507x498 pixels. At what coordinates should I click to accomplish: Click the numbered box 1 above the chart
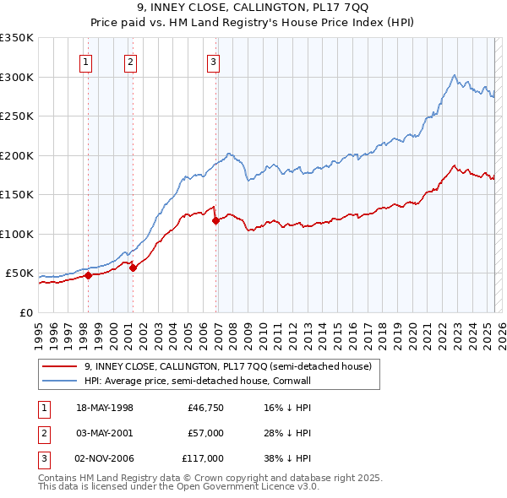click(86, 61)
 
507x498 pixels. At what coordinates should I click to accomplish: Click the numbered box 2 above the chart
click(130, 61)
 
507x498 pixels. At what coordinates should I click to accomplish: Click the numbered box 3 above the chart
click(213, 61)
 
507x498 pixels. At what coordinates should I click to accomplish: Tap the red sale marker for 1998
click(88, 274)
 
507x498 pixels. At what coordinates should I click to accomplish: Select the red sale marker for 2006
click(215, 220)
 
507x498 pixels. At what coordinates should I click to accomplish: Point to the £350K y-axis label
click(17, 38)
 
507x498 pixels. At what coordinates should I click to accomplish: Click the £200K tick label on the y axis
click(17, 155)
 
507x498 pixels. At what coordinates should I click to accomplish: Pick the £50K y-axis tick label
click(19, 273)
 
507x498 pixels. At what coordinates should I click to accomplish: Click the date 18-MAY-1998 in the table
click(105, 407)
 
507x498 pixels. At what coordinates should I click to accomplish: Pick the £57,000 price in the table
click(205, 433)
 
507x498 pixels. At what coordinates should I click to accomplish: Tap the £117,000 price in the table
click(203, 458)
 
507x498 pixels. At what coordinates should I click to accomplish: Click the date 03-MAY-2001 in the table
click(105, 433)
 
